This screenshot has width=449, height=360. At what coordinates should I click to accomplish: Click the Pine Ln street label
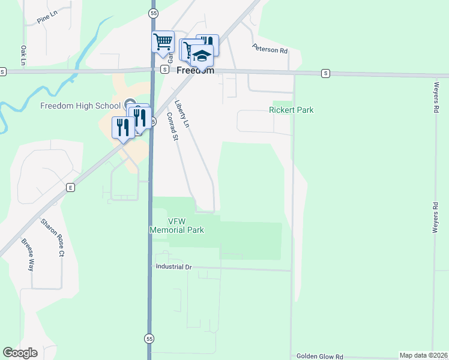pos(46,19)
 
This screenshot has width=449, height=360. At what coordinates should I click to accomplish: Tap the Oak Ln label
pos(23,55)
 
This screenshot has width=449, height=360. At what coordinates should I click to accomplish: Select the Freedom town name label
pos(195,70)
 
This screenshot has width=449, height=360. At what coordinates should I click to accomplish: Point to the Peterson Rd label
pos(270,49)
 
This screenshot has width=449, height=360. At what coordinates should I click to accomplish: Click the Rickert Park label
pos(291,110)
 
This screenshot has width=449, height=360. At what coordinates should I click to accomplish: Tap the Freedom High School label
pos(80,106)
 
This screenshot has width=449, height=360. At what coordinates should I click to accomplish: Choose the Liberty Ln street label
pos(182,113)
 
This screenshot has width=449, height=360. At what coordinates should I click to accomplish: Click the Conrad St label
pos(172,128)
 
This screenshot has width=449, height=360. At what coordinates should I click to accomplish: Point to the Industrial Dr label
pos(173,266)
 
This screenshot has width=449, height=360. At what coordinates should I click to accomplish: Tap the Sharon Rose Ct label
pos(52,238)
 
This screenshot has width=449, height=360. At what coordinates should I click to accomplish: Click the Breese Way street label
pos(28,255)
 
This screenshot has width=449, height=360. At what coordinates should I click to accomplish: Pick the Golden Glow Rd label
pos(322,356)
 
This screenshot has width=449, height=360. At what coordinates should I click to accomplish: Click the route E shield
pos(70,187)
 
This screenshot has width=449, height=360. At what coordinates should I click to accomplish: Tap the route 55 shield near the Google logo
pos(149,338)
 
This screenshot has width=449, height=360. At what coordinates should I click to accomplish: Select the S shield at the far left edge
pos(3,71)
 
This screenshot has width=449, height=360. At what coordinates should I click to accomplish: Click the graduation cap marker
pos(202,56)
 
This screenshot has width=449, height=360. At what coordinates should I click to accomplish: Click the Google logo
pos(20,353)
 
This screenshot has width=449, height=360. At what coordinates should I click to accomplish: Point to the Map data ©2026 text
pos(423,355)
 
